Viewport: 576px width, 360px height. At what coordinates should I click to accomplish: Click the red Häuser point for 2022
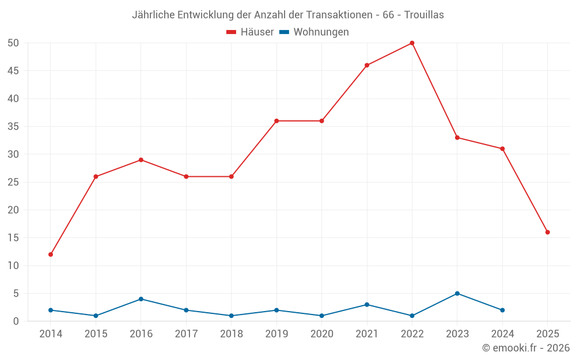click(412, 43)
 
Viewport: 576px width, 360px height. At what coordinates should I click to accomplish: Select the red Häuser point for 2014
click(51, 254)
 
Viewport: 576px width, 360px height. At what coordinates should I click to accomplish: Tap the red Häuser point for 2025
click(547, 232)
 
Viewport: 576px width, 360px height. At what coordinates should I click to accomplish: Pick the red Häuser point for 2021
click(367, 65)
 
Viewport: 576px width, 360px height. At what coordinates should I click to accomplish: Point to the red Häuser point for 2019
click(276, 121)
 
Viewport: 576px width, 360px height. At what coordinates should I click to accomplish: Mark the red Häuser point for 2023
click(457, 138)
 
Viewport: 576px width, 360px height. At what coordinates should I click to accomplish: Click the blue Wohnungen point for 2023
click(457, 293)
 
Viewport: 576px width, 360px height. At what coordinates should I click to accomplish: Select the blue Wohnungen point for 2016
click(141, 299)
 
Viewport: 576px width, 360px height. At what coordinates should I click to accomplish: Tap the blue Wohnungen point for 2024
click(502, 310)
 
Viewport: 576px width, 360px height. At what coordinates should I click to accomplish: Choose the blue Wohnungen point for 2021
click(367, 305)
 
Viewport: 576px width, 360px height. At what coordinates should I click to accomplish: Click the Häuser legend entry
click(250, 32)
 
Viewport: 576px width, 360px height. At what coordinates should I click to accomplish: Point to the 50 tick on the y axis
click(14, 43)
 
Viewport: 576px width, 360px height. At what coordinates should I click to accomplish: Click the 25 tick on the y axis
click(14, 182)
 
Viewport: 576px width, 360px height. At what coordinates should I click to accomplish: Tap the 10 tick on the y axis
click(14, 266)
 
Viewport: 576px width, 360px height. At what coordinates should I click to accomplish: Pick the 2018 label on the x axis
click(231, 334)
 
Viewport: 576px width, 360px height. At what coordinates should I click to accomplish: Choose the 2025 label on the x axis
click(547, 334)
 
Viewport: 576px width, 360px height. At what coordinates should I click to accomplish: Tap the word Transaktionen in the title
click(342, 15)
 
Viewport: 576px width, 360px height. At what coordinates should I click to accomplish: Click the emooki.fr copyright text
click(526, 348)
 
